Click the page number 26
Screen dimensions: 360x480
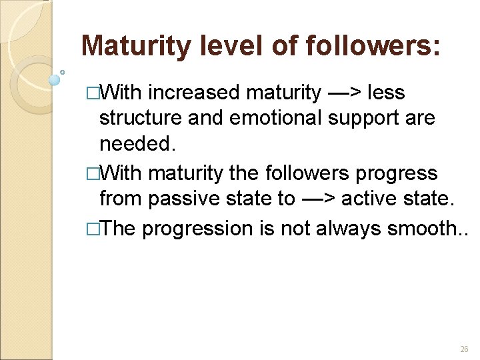click(464, 350)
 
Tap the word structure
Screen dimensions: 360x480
click(141, 119)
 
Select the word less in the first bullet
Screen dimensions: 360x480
click(386, 92)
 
